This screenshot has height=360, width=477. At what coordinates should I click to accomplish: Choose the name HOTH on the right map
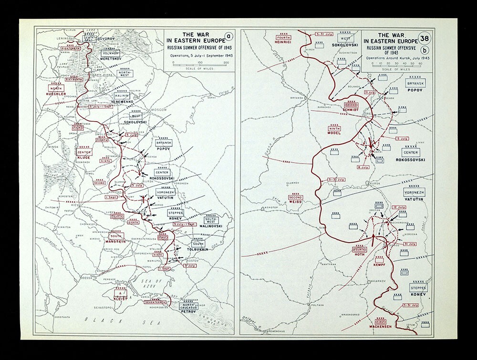[x=360, y=255]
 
